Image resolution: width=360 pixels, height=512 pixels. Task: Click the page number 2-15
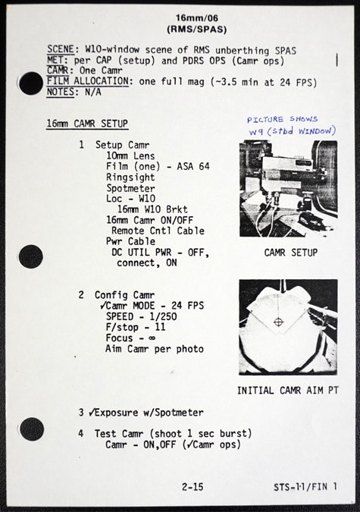193,487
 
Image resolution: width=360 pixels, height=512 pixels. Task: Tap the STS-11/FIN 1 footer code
305,487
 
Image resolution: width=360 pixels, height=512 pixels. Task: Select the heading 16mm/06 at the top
197,17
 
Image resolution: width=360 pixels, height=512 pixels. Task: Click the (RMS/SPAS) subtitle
197,30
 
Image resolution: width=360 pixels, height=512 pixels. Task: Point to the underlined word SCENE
61,49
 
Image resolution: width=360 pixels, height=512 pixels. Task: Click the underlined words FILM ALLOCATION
87,81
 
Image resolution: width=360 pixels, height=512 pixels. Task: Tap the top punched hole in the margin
31,83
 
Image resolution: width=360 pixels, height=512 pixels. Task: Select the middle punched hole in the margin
31,256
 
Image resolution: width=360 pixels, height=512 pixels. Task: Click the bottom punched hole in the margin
32,429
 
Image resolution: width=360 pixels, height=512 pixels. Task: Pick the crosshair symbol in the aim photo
278,322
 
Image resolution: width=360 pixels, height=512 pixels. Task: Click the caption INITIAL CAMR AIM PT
288,390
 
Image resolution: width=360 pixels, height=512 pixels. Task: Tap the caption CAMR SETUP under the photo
291,253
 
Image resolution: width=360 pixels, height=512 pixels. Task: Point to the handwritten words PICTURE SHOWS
283,119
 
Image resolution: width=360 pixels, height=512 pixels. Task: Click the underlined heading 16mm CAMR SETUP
87,124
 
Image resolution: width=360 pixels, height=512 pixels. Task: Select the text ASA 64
193,166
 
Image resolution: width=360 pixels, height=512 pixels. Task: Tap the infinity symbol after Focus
152,338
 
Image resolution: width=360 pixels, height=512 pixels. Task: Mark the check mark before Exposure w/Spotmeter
92,413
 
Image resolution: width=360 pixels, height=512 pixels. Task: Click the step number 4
81,434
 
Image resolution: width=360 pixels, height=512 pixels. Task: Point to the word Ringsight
130,177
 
